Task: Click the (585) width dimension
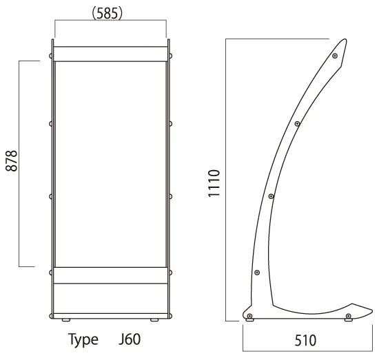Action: tap(107, 13)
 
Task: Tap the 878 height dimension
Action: tap(11, 161)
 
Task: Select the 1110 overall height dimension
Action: tap(214, 183)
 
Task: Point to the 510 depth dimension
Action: tap(305, 341)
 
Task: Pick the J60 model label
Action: tap(130, 339)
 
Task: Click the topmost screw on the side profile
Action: tap(335, 56)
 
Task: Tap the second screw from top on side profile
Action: tap(297, 124)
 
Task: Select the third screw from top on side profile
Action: tap(272, 196)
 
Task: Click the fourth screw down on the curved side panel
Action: tap(257, 273)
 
